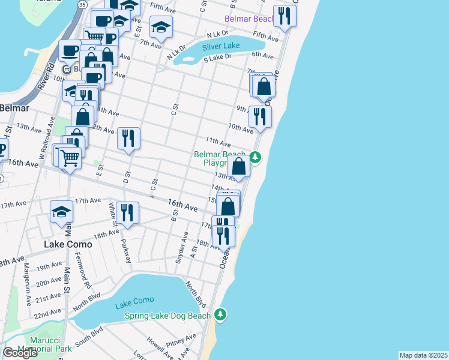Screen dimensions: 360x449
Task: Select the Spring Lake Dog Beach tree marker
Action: [221, 314]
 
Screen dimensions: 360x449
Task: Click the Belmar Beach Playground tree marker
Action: [256, 157]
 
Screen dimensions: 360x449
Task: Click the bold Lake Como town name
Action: [68, 244]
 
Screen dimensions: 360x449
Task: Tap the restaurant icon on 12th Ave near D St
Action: [128, 139]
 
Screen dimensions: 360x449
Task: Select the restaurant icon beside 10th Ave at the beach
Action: [260, 116]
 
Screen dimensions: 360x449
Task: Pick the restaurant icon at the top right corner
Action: [284, 16]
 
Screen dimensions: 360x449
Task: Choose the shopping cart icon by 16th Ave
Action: [70, 158]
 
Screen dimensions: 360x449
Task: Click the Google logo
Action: [20, 353]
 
